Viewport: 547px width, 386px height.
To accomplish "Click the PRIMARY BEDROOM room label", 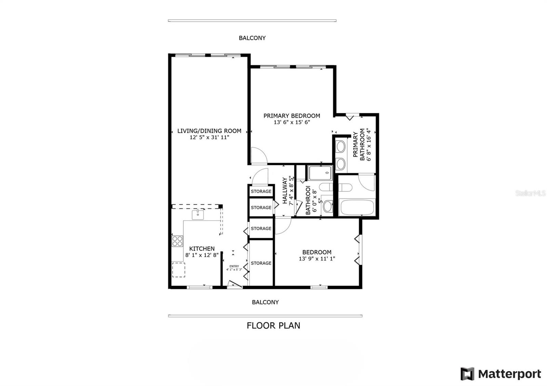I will pyautogui.click(x=292, y=116).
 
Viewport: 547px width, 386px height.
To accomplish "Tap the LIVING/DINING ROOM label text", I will pyautogui.click(x=209, y=131).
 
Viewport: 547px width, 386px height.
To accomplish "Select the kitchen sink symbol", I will pyautogui.click(x=198, y=215).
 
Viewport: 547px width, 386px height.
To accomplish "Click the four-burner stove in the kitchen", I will pyautogui.click(x=177, y=241).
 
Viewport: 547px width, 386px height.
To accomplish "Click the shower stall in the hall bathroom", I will pyautogui.click(x=320, y=173).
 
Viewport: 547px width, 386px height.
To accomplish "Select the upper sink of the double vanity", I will pyautogui.click(x=341, y=147).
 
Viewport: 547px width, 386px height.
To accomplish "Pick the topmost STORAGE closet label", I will pyautogui.click(x=261, y=191).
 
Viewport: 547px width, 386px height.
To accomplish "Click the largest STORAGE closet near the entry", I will pyautogui.click(x=261, y=263).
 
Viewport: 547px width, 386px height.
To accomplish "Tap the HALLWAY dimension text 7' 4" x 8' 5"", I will pyautogui.click(x=291, y=191).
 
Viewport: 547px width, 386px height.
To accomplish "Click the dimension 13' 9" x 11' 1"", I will pyautogui.click(x=317, y=259).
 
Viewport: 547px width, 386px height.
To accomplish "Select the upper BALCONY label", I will pyautogui.click(x=252, y=38).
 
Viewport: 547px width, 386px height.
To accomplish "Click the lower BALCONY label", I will pyautogui.click(x=265, y=302).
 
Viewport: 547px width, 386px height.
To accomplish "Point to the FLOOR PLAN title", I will pyautogui.click(x=273, y=326).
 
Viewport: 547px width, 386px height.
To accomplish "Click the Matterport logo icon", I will pyautogui.click(x=467, y=374).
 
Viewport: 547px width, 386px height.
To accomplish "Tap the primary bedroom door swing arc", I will pyautogui.click(x=259, y=155).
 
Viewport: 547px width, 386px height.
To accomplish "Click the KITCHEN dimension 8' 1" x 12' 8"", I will pyautogui.click(x=202, y=255).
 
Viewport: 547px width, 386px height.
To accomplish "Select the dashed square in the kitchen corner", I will pyautogui.click(x=178, y=270).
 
